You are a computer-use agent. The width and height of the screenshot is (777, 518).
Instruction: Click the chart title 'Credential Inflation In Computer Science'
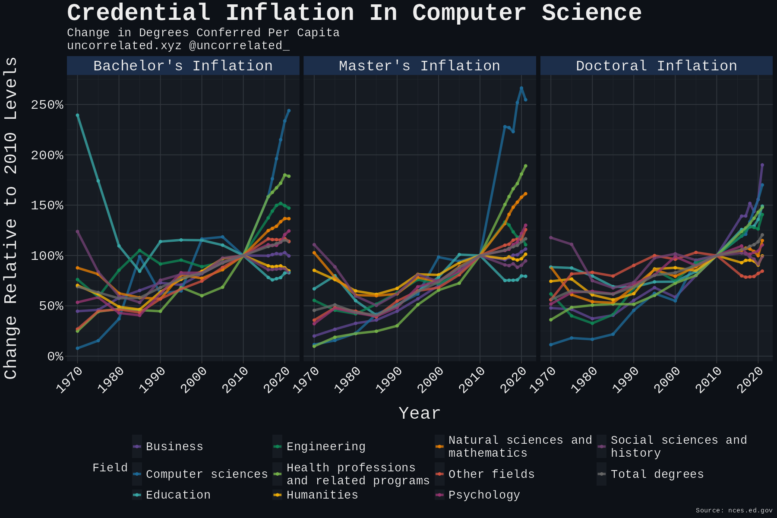click(354, 13)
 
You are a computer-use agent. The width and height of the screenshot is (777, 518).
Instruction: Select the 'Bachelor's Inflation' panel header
click(183, 66)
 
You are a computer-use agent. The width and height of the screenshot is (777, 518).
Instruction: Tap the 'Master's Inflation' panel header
click(420, 66)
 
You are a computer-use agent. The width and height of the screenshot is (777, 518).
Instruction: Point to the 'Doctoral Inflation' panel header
click(656, 66)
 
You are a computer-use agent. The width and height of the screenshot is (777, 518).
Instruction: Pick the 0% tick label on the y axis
click(55, 357)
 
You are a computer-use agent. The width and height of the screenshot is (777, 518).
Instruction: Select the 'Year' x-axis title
click(420, 414)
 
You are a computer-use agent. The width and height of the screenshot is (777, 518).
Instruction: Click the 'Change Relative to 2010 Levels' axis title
click(11, 218)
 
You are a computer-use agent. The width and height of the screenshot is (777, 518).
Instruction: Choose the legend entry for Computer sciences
click(206, 474)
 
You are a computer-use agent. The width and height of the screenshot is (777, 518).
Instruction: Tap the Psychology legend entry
click(483, 495)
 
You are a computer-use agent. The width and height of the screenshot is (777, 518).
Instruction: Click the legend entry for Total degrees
click(657, 474)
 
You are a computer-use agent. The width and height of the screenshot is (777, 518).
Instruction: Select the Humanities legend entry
click(322, 495)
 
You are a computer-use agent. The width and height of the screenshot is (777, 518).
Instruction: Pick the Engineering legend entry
click(325, 447)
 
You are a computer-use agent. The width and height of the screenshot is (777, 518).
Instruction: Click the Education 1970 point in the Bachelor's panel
click(77, 115)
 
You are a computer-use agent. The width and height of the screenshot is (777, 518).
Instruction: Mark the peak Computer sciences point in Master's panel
click(521, 88)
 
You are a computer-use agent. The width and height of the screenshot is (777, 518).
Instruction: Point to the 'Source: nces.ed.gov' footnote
click(734, 511)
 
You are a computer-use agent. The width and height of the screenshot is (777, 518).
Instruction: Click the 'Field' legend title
click(110, 468)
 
